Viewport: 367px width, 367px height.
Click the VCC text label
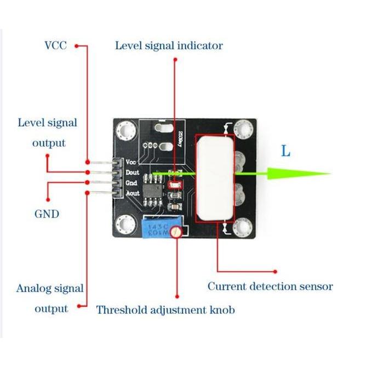click(55, 45)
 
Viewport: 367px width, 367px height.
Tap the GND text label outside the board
click(47, 214)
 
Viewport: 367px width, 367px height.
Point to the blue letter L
click(285, 151)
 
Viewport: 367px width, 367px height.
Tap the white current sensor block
click(215, 179)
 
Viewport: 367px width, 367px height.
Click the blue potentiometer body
click(157, 228)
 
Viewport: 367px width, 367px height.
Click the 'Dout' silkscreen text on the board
click(132, 173)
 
